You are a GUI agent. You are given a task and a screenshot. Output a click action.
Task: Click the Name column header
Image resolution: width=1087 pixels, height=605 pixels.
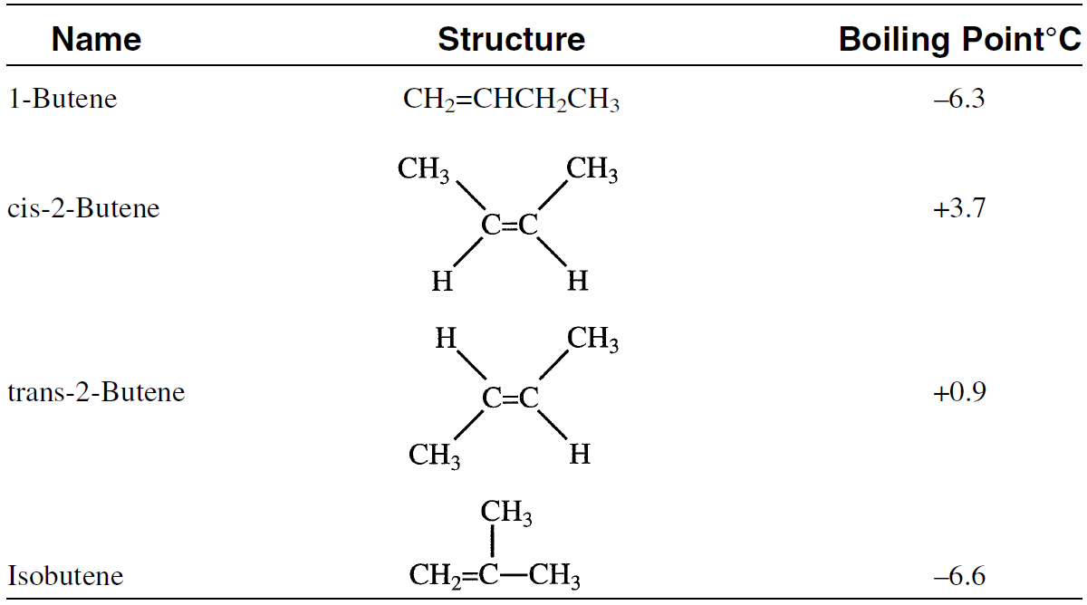tap(96, 40)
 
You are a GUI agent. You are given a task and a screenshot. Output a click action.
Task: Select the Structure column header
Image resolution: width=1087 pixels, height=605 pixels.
tap(511, 40)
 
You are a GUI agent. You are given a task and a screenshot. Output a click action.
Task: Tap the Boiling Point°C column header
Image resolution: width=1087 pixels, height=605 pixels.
tap(959, 40)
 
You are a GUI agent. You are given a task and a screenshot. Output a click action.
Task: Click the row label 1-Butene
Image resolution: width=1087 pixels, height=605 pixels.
tap(63, 99)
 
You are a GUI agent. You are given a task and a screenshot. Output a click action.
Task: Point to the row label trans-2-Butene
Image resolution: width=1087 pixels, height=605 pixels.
tap(96, 392)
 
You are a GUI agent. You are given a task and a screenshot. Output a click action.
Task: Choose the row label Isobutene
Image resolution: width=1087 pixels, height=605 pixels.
tap(65, 575)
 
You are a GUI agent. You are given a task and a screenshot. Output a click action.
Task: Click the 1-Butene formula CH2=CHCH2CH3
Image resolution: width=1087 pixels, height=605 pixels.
tap(511, 100)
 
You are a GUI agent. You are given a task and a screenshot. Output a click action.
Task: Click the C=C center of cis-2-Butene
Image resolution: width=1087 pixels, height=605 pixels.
tap(510, 226)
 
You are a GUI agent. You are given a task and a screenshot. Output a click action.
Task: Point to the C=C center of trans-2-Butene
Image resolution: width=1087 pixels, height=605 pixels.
tap(510, 398)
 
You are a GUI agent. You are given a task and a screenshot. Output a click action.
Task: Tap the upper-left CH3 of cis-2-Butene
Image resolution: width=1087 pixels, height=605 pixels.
tap(424, 170)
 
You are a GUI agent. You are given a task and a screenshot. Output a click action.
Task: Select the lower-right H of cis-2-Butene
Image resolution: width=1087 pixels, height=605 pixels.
tap(577, 283)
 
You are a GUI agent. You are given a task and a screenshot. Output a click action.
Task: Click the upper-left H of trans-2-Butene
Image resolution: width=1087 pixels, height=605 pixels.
tap(445, 341)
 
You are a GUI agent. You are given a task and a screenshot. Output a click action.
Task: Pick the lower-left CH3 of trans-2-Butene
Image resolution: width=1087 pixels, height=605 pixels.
tap(434, 455)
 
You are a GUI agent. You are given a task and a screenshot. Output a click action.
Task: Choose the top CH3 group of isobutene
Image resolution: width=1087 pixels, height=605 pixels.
tap(505, 514)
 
